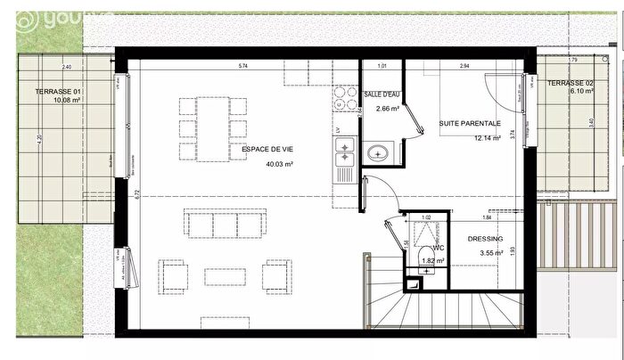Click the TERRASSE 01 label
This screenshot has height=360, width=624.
tap(58, 93)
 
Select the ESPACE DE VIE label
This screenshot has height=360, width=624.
tap(257, 151)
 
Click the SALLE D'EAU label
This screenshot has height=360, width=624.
tap(381, 94)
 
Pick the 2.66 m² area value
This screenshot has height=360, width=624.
tap(387, 110)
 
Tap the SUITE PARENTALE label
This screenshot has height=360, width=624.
tap(470, 124)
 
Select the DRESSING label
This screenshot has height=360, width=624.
tap(486, 239)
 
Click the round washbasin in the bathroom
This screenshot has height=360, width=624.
tap(378, 152)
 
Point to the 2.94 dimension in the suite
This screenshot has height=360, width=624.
tap(464, 67)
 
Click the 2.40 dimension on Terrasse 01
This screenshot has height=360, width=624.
tap(66, 68)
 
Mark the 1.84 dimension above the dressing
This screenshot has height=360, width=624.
tap(486, 217)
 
